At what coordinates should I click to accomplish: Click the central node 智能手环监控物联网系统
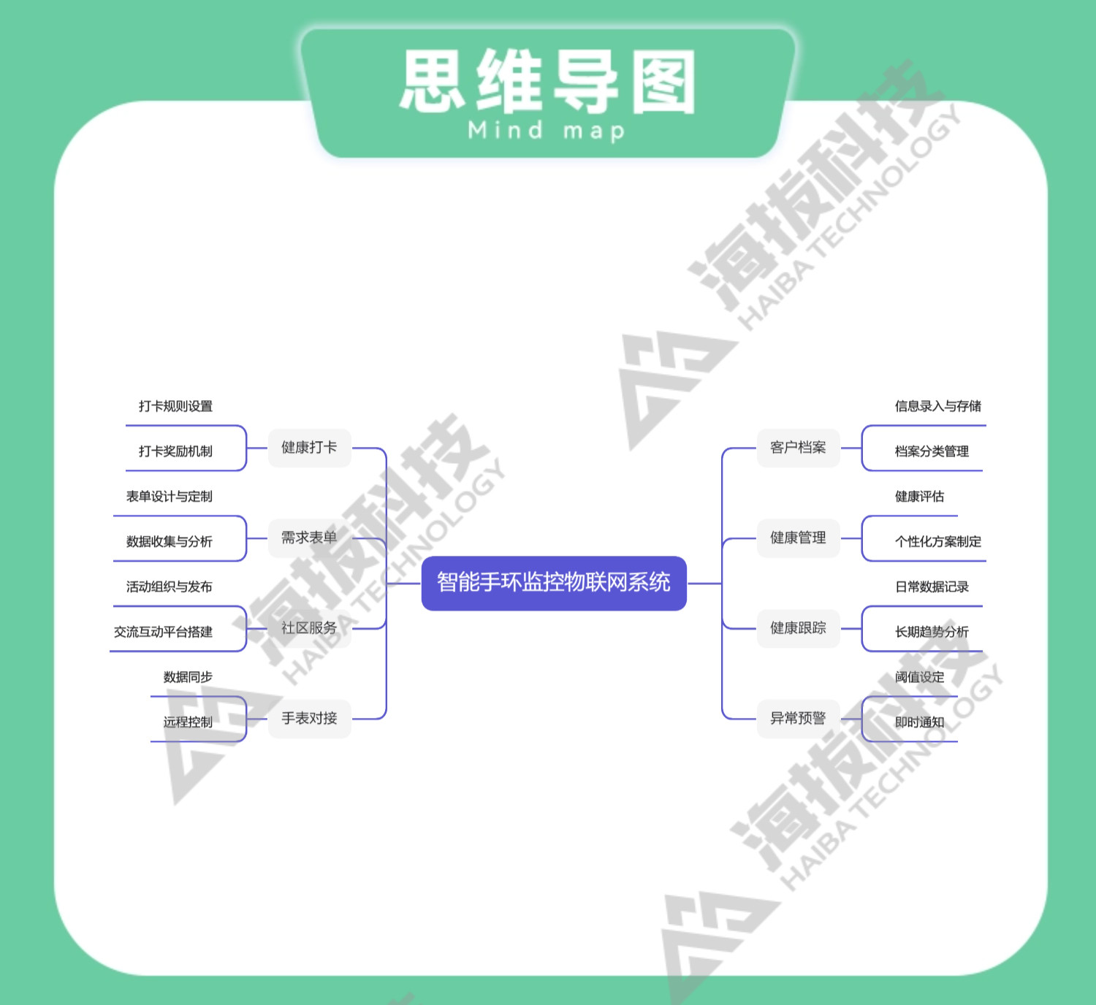point(554,583)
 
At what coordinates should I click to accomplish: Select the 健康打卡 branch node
point(309,448)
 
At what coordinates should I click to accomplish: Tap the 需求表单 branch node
point(309,538)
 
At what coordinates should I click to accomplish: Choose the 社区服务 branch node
point(309,628)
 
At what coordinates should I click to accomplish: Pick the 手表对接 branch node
point(309,719)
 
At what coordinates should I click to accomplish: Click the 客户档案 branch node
point(798,448)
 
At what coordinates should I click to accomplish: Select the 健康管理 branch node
point(798,538)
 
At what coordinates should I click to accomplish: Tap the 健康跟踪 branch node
point(798,628)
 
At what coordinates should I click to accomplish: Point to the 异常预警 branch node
point(798,719)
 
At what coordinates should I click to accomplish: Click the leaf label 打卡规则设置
point(175,406)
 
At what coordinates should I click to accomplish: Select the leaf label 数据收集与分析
point(169,542)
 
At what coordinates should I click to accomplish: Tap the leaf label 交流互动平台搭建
point(163,632)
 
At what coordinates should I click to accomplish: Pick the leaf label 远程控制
point(188,722)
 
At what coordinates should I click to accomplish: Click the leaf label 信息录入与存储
point(938,406)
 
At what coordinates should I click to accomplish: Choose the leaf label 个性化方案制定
point(938,542)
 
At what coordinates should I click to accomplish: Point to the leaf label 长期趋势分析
point(932,632)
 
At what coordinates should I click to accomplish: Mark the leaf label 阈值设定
point(919,677)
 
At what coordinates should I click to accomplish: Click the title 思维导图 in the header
point(548,82)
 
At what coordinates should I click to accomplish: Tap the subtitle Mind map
point(547,131)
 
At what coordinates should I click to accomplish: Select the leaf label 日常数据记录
point(932,587)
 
